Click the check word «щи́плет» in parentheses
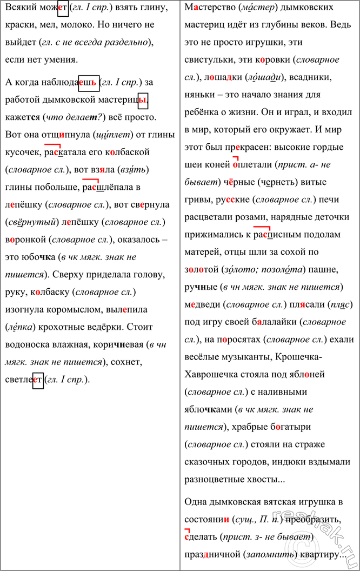point(112,134)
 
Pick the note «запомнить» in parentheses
point(267,555)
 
